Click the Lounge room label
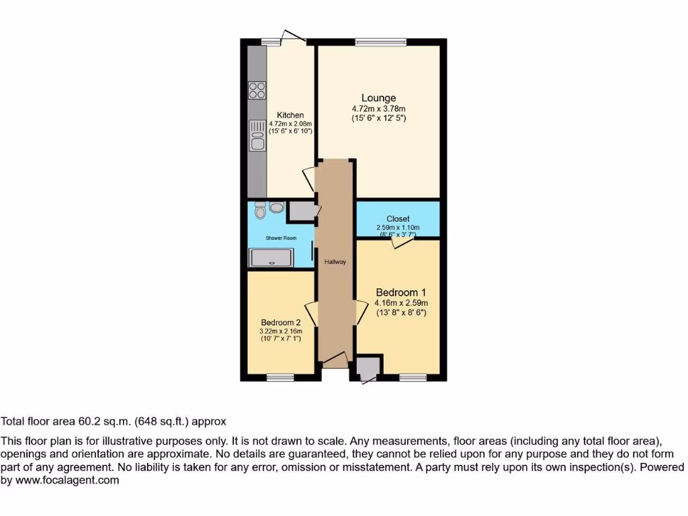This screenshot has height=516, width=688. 379,98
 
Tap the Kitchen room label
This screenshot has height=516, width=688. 290,116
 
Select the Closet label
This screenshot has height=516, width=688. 398,219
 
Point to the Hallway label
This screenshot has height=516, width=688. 335,262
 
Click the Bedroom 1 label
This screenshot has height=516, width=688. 400,293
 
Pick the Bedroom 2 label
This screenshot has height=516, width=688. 281,322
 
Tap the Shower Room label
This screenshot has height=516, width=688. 281,238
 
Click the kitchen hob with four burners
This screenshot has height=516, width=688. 257,90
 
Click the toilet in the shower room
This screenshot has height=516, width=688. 261,212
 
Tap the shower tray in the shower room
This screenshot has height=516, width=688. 271,258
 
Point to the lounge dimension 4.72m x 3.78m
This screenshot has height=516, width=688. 379,109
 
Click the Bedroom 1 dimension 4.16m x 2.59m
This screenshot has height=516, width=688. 400,303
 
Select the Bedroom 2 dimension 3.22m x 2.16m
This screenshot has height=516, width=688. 281,331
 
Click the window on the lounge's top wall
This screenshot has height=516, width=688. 381,42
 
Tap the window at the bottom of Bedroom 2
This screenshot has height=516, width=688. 280,378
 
